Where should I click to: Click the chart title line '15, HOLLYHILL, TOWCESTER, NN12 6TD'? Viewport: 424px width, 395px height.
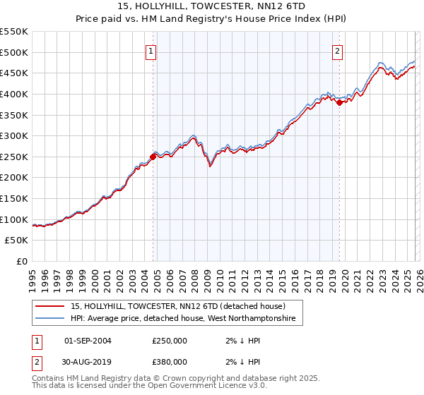pyautogui.click(x=212, y=6)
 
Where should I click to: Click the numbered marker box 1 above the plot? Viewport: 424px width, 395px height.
pyautogui.click(x=152, y=51)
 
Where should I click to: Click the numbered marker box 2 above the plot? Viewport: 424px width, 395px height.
pyautogui.click(x=338, y=51)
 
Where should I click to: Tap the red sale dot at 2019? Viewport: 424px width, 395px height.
pyautogui.click(x=339, y=102)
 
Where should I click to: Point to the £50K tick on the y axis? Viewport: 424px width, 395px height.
pyautogui.click(x=17, y=241)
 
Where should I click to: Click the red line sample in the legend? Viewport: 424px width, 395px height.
pyautogui.click(x=50, y=307)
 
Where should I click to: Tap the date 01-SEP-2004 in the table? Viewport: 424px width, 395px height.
pyautogui.click(x=88, y=340)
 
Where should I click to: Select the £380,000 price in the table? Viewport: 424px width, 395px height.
pyautogui.click(x=170, y=362)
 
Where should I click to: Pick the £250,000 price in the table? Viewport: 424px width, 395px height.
pyautogui.click(x=170, y=340)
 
